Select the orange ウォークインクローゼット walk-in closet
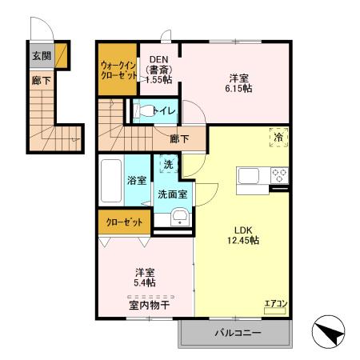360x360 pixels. point(118,70)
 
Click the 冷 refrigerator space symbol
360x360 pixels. point(278,137)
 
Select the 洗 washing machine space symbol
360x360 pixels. point(168,165)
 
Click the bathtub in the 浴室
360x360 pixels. point(110,181)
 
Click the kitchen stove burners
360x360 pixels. point(279,174)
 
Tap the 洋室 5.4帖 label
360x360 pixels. point(144,277)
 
